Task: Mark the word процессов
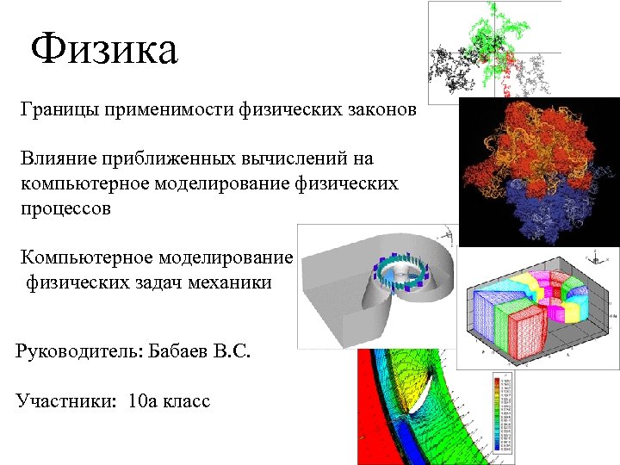coord(67,208)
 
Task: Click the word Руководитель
coord(71,352)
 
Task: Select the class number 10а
coord(143,400)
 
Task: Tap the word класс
coord(187,401)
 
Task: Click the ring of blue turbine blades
coord(397,276)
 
